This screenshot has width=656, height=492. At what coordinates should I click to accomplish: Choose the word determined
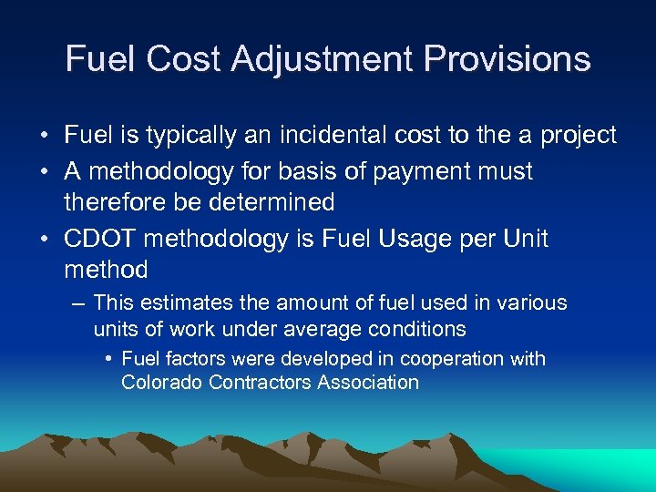273,202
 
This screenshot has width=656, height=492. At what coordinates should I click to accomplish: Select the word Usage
404,239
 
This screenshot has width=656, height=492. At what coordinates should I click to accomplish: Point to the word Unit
525,239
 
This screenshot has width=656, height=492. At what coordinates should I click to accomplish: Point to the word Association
368,383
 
